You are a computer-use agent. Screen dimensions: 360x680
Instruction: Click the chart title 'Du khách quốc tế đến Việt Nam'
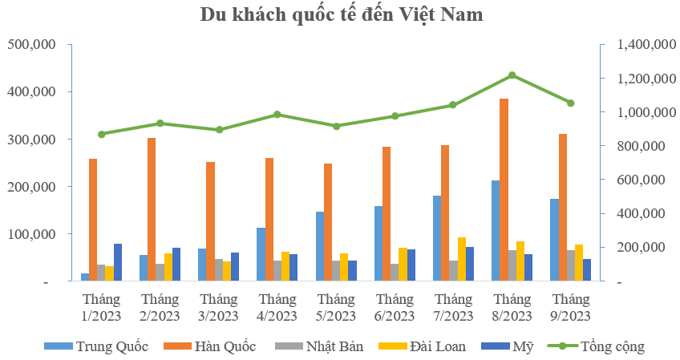tap(341, 15)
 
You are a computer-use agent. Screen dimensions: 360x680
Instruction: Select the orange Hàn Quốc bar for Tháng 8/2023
tap(504, 190)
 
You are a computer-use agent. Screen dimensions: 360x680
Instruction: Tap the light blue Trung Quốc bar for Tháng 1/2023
tap(85, 277)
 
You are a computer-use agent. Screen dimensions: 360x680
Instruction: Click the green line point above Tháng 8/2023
tap(512, 75)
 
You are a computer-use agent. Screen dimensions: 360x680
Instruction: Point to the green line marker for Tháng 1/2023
tap(101, 134)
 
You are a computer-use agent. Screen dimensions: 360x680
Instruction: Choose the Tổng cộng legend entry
tap(597, 346)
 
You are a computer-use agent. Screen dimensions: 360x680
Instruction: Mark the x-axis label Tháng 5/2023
tap(336, 307)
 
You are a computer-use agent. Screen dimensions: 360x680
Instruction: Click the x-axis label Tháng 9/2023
tap(570, 307)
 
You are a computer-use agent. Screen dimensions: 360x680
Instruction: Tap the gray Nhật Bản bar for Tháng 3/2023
tap(219, 270)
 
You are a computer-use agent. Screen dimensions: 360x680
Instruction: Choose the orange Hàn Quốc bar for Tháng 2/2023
tap(152, 209)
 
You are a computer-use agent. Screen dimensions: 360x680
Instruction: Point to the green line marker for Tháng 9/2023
tap(570, 103)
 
